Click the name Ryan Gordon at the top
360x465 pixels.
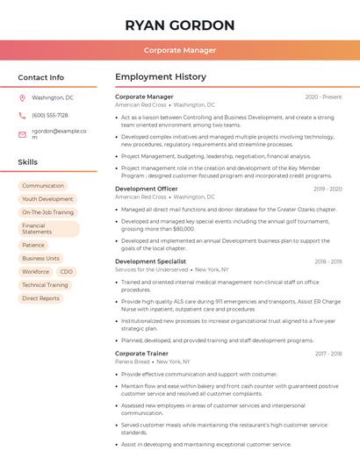(179, 25)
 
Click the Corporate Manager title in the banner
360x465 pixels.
(179, 50)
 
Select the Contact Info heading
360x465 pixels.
(41, 77)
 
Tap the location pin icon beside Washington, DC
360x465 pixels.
(22, 97)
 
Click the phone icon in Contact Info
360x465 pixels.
(22, 115)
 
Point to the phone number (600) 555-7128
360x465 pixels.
(50, 115)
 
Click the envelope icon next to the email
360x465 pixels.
(22, 134)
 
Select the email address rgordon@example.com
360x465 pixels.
(59, 134)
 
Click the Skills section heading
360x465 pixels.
(28, 162)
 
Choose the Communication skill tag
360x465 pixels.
(43, 186)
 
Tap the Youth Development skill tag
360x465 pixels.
(47, 199)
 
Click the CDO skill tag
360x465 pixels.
(67, 272)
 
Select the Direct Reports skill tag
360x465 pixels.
(41, 298)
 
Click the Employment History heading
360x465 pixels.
(161, 77)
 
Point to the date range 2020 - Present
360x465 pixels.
(323, 97)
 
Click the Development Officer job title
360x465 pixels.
(147, 189)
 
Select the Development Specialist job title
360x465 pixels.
(150, 261)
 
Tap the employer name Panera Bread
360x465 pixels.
(133, 361)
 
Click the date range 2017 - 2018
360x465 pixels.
(328, 354)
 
